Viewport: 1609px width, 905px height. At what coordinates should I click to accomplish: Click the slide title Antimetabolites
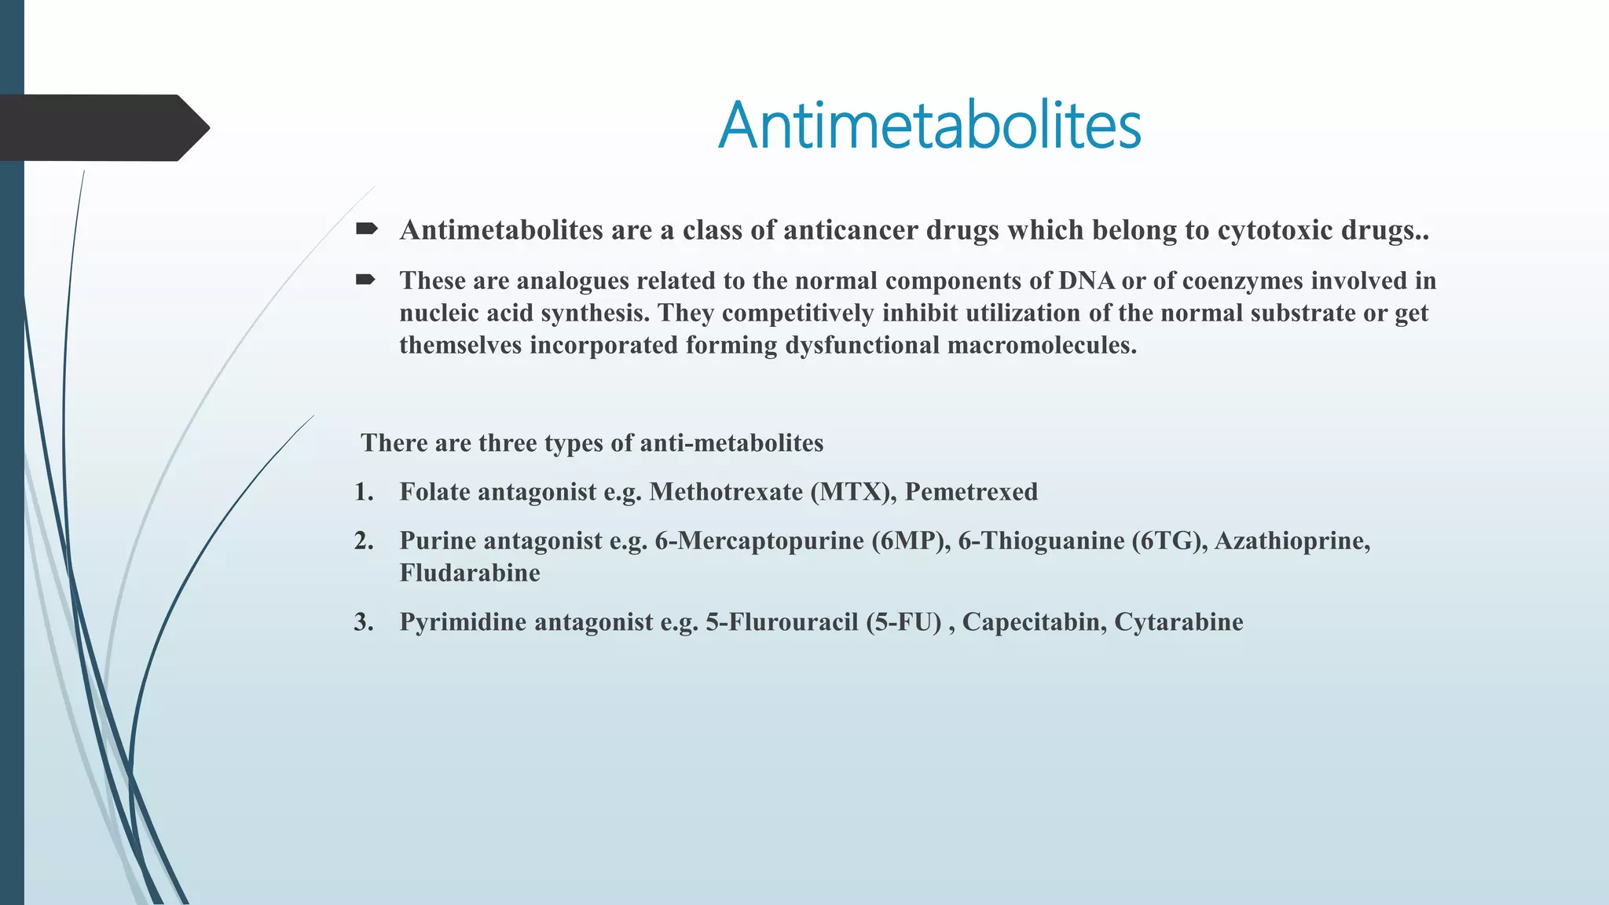[x=929, y=126]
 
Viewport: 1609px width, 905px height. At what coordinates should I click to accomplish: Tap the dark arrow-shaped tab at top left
[x=102, y=128]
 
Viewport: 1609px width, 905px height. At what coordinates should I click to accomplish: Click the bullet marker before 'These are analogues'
[x=365, y=280]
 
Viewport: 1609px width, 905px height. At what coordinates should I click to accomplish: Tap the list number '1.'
[x=364, y=492]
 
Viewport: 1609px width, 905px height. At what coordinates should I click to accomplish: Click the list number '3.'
[x=364, y=622]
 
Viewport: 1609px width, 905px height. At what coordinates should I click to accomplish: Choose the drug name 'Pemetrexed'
[x=971, y=492]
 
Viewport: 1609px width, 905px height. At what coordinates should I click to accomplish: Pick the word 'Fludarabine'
[x=470, y=573]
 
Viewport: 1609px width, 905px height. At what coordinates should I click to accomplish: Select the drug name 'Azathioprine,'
[x=1292, y=540]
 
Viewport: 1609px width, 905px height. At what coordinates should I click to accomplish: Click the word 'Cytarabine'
[x=1178, y=622]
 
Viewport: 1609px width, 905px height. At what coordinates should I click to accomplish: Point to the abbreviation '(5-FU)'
[x=903, y=622]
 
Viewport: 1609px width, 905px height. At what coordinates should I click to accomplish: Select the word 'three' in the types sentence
[x=508, y=443]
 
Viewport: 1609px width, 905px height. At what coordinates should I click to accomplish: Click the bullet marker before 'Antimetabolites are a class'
[x=365, y=229]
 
